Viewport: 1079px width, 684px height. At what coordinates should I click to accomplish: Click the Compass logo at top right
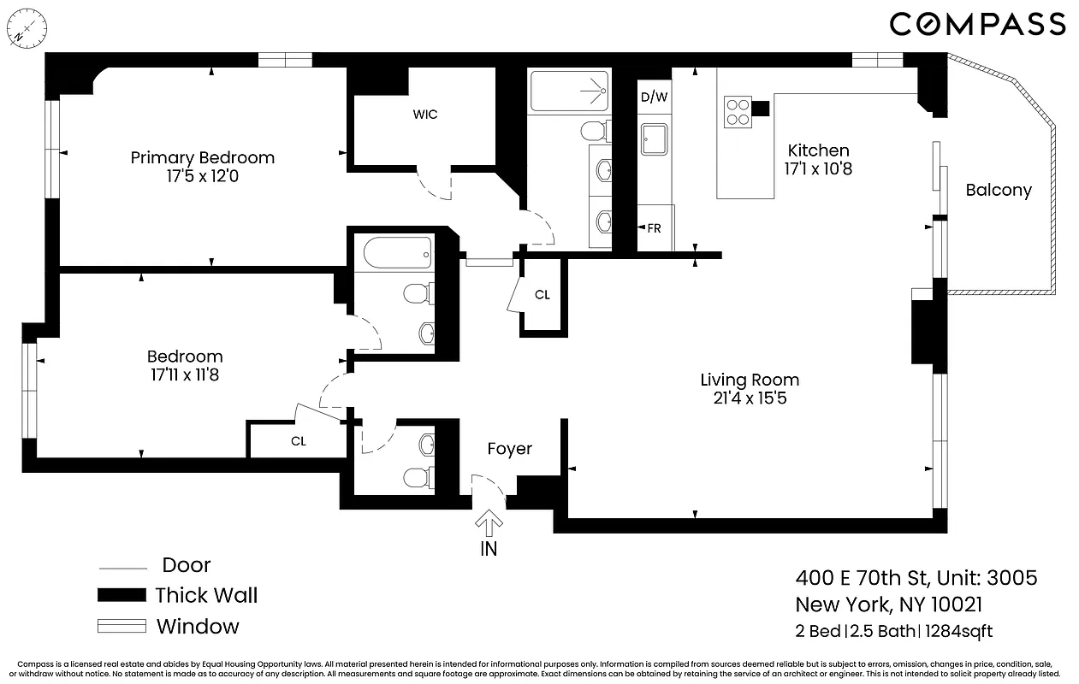977,24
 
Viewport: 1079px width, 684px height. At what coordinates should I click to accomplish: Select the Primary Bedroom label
202,157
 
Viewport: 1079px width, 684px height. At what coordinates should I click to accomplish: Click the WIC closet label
425,114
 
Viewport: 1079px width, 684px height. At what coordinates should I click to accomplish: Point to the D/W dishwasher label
654,97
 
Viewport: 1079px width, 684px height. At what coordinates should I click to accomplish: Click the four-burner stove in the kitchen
738,112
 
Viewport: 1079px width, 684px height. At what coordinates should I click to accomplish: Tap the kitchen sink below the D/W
654,138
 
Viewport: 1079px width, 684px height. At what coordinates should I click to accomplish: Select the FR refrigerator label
654,228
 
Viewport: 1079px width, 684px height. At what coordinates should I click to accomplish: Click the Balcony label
998,190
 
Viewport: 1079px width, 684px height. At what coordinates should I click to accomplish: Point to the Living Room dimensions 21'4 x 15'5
749,398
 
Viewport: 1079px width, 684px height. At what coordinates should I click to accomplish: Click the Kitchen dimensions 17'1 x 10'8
818,168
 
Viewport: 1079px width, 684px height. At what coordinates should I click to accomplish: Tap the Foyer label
509,449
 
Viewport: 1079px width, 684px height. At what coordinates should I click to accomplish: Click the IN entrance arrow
489,523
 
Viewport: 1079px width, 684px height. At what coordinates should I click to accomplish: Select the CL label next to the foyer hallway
542,295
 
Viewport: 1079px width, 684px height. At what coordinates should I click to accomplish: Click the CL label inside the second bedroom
298,441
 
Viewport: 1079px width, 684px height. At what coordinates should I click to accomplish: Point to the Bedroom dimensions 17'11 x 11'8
184,374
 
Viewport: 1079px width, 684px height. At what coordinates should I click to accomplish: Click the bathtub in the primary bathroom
568,92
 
